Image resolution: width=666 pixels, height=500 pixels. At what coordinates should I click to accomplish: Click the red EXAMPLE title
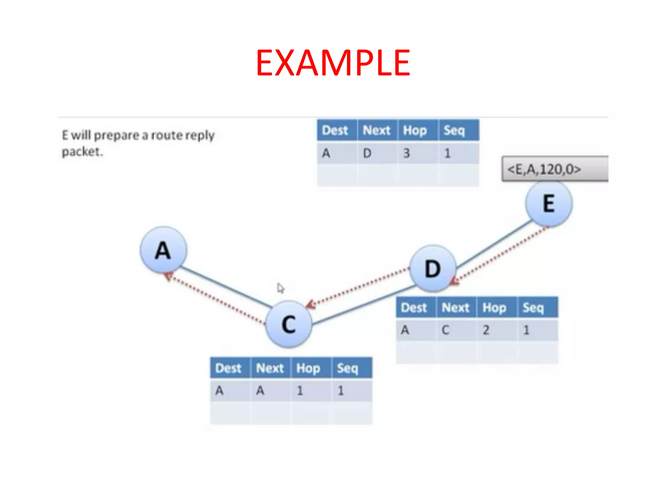pos(333,62)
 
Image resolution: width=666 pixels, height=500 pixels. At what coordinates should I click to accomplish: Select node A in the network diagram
pos(163,250)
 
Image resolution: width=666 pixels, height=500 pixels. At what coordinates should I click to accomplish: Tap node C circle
pos(289,324)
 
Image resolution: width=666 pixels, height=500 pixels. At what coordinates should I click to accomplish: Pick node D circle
pos(433,268)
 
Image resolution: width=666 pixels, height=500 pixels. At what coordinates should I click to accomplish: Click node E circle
pos(549,204)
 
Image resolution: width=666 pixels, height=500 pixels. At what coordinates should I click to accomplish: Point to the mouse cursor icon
pos(281,288)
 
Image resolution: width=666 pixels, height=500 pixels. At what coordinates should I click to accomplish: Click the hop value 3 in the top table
pos(406,153)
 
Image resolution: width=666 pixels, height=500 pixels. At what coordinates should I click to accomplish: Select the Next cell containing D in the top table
pos(367,153)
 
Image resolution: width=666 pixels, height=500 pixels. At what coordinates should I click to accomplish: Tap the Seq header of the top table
pos(454,131)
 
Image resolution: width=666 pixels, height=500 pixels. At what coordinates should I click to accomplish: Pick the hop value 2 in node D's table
pos(486,330)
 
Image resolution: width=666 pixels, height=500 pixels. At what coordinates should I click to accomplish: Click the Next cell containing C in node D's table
pos(446,330)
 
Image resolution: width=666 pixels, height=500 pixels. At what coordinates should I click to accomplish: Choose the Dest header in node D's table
pos(414,308)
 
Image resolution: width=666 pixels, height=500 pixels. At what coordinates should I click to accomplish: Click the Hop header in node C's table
pos(308,368)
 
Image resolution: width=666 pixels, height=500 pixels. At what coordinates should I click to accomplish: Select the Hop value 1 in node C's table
pos(300,391)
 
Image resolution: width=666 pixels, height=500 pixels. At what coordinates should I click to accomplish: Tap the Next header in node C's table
pos(270,368)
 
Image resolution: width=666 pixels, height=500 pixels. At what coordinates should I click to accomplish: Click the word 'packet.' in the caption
pos(82,152)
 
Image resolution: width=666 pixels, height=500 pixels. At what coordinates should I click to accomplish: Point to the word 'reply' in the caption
pos(200,135)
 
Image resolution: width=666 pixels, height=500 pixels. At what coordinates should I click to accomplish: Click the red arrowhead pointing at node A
pos(168,276)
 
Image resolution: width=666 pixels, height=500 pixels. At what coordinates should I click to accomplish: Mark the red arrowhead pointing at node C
pos(310,305)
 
